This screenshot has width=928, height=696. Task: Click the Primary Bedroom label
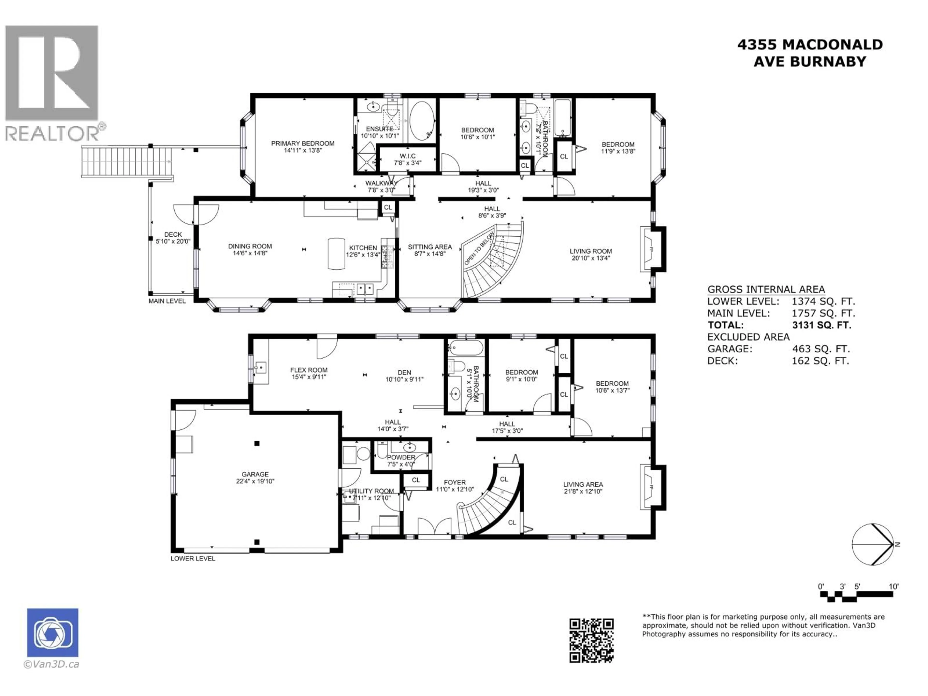tap(303, 144)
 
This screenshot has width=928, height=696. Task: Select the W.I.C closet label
tap(407, 156)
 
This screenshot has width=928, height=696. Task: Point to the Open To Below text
tap(479, 249)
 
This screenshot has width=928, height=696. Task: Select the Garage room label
tap(255, 474)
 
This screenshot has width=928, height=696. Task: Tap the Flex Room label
tap(309, 370)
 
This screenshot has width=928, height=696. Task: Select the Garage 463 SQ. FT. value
tap(820, 349)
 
